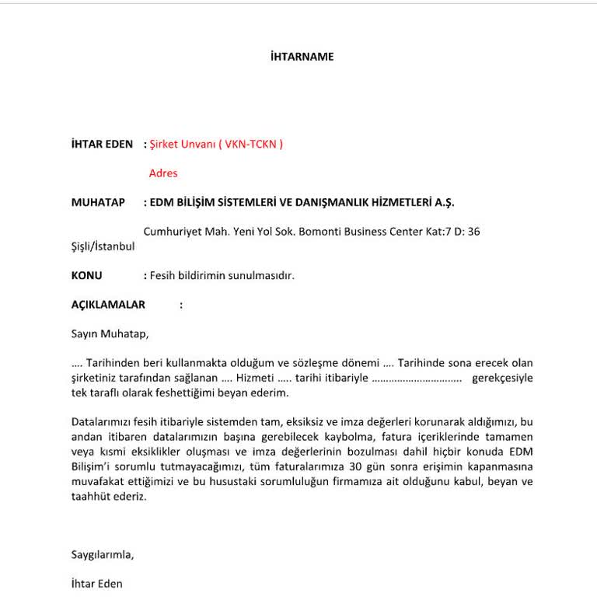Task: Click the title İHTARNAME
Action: point(302,57)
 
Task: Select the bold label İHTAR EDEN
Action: point(102,144)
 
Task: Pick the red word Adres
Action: point(163,173)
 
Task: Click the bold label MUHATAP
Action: point(98,202)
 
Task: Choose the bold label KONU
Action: point(86,275)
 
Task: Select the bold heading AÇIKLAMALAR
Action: point(108,305)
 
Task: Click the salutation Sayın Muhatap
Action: point(110,334)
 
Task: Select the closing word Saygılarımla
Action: point(103,554)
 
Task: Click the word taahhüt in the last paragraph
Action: point(89,496)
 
